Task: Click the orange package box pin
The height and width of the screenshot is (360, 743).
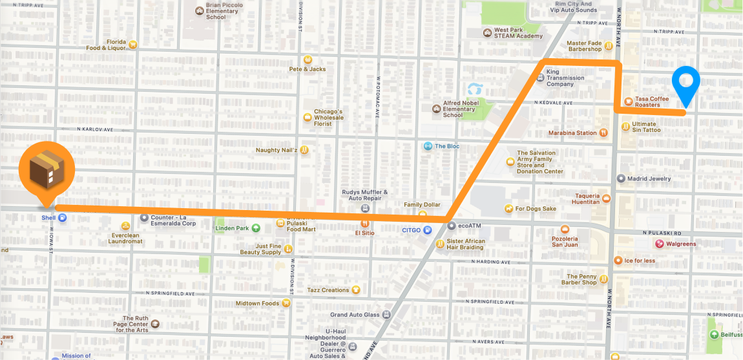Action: pos(47,170)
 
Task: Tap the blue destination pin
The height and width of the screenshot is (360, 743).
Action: pos(685,83)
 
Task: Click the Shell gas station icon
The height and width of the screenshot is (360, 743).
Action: pos(62,218)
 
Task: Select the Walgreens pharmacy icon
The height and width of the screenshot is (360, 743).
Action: pos(660,244)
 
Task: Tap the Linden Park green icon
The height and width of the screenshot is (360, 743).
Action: pos(256,228)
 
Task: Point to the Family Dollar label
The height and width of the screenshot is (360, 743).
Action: pos(422,205)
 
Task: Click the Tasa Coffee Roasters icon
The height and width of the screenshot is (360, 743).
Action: pos(627,101)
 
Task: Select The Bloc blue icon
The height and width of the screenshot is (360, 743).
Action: pos(427,146)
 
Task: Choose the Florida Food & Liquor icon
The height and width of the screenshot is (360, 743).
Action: pos(132,45)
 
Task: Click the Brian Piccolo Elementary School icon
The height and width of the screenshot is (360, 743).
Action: pos(199,10)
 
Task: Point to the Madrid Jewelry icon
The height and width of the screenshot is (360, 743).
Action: pos(621,178)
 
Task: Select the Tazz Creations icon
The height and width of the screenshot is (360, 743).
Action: pos(355,290)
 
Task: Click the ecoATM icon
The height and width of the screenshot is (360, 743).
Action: pos(451,226)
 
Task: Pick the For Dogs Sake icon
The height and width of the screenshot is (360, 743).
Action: pos(508,209)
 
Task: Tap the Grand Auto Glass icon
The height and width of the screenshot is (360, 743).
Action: pos(386,315)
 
